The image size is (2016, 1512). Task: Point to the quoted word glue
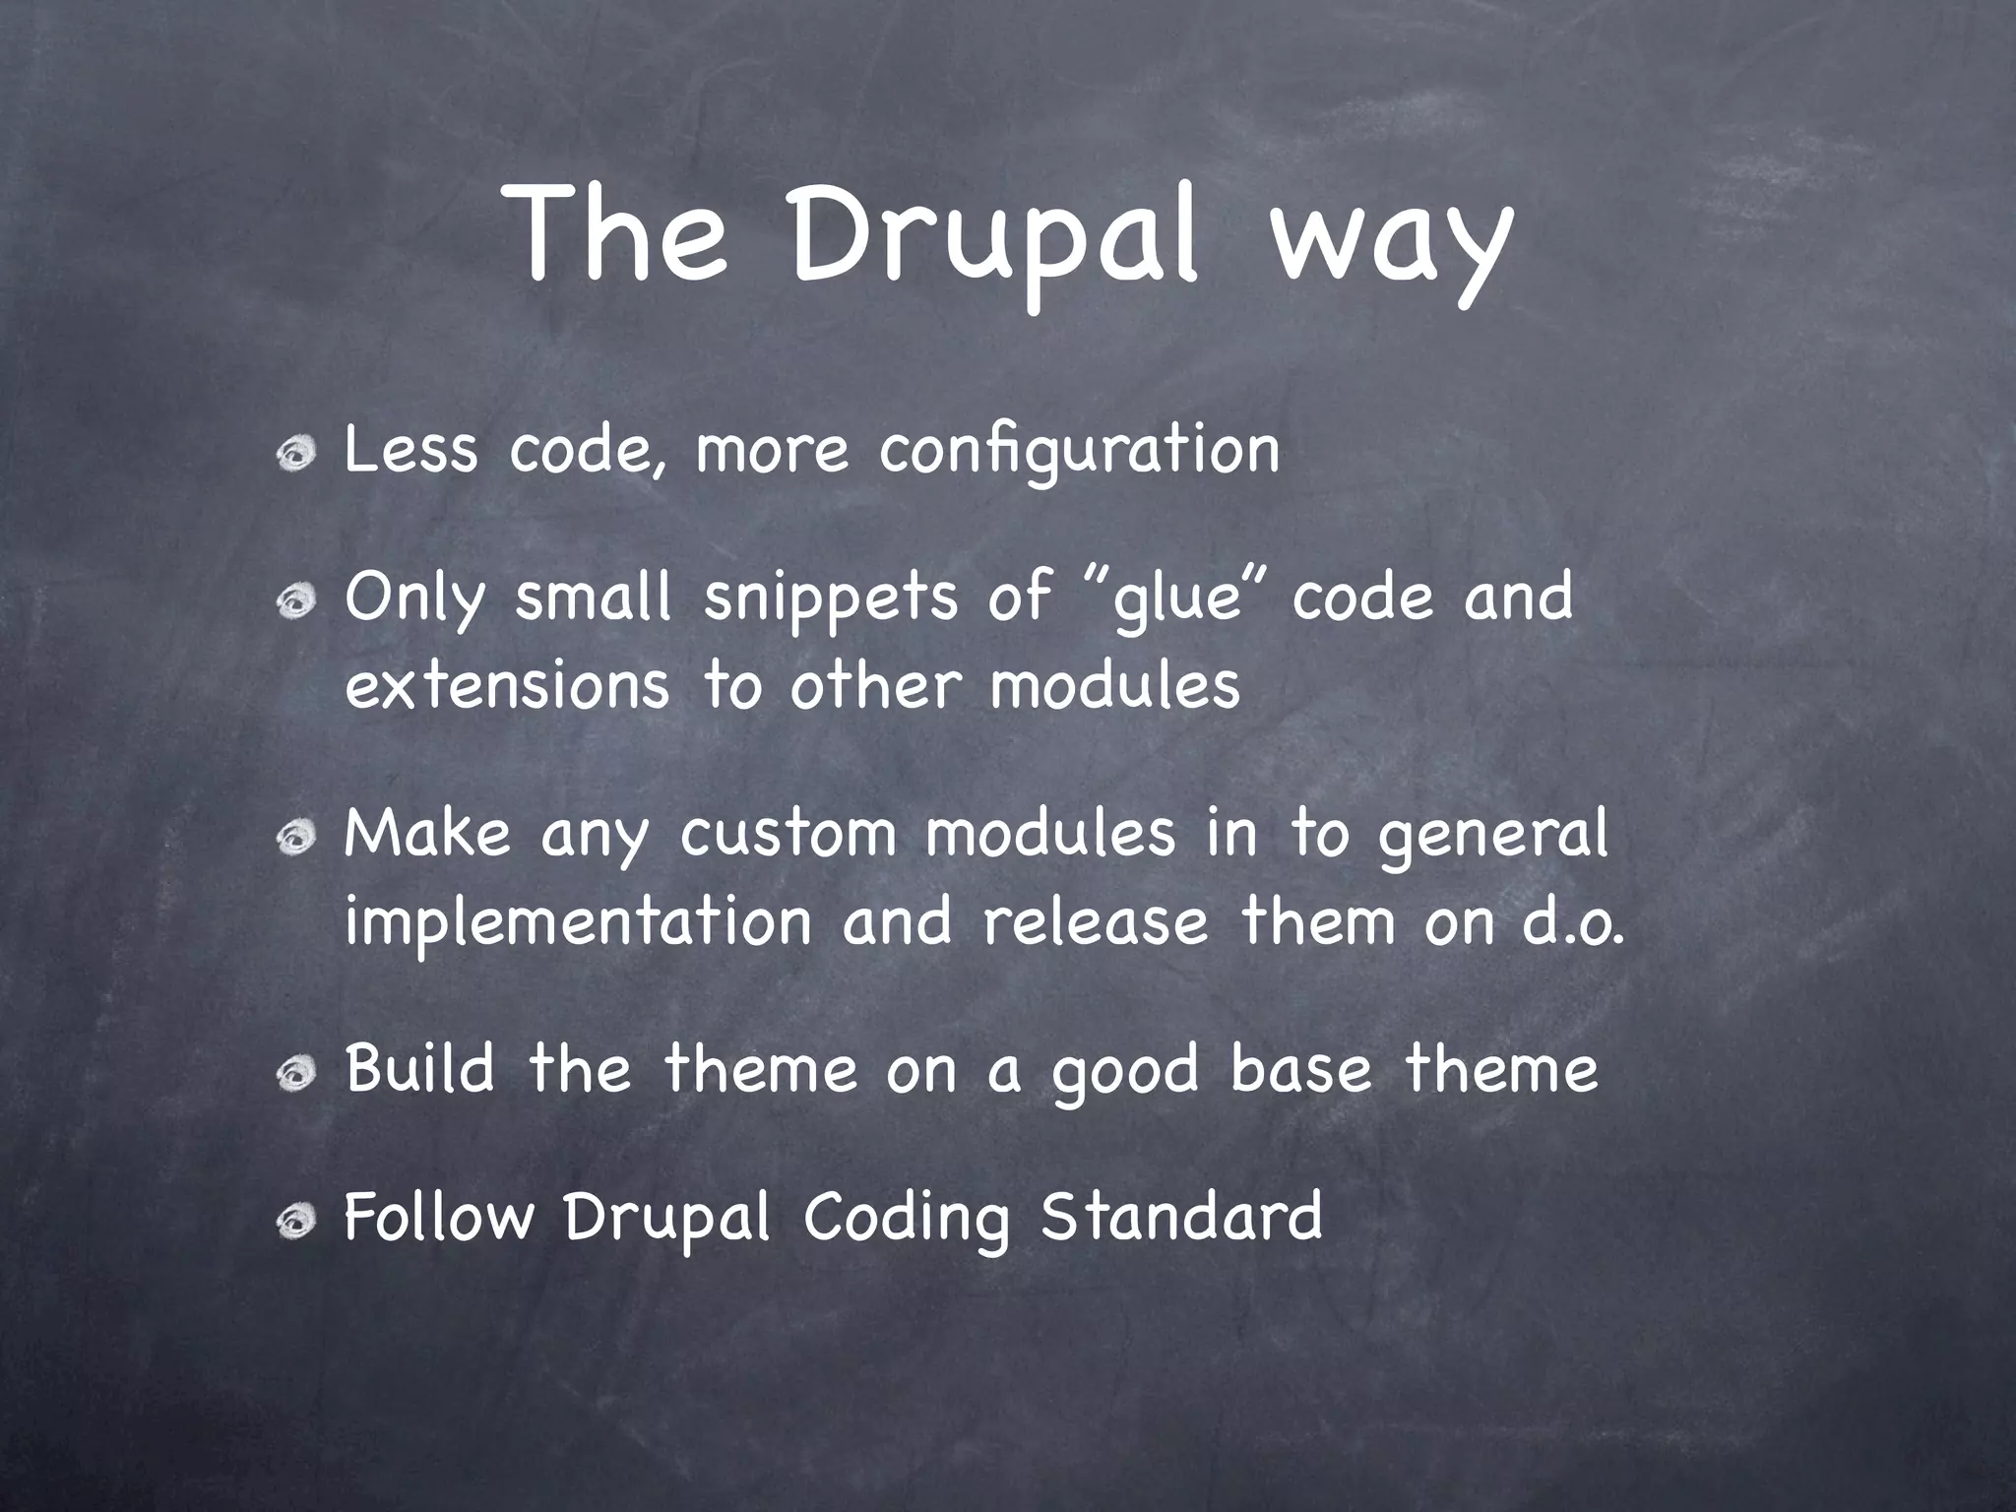pyautogui.click(x=1175, y=600)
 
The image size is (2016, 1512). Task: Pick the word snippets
pyautogui.click(x=829, y=600)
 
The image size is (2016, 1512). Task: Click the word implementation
pyautogui.click(x=579, y=923)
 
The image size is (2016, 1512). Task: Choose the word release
pyautogui.click(x=1095, y=923)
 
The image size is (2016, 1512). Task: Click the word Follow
pyautogui.click(x=438, y=1217)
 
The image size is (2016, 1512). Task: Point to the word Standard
pyautogui.click(x=1181, y=1217)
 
